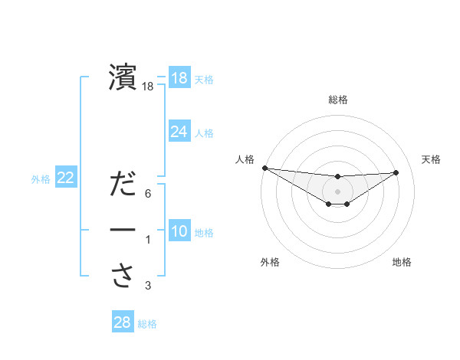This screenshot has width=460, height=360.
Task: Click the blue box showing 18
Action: coord(179,78)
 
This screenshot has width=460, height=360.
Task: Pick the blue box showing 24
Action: coord(179,132)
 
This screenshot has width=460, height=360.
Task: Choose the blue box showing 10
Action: coord(179,231)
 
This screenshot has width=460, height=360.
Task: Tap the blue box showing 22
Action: coord(66,178)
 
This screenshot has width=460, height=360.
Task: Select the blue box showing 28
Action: coord(123,322)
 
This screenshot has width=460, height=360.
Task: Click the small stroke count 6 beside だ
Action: coord(148,194)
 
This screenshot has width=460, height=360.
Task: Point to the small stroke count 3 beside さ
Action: coord(148,286)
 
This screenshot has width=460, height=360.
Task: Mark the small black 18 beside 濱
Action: coord(148,87)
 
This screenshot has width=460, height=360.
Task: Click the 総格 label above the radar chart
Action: coord(338,100)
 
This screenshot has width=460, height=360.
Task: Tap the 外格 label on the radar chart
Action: coord(270,262)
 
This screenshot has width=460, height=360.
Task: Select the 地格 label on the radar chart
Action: coord(402,262)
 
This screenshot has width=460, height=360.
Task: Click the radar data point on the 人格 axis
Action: coord(264,168)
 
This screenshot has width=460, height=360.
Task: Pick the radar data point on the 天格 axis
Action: coord(396,172)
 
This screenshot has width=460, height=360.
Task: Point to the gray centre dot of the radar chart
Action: coord(337,191)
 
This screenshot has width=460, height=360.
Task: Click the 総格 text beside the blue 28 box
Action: coord(147,324)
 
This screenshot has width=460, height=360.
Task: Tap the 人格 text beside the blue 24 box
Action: coord(204,133)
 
